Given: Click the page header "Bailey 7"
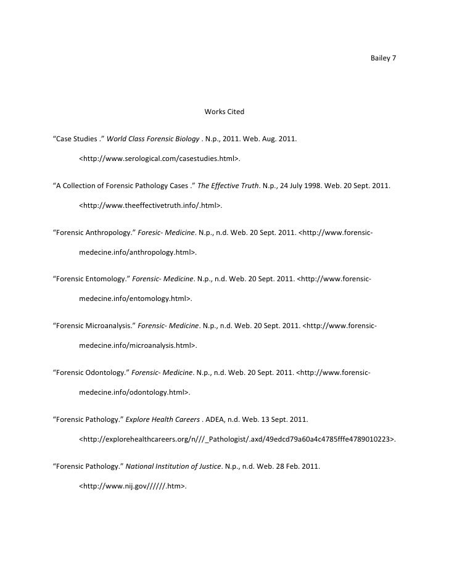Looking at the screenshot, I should tap(383, 59).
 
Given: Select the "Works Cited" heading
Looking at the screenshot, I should tap(224, 112).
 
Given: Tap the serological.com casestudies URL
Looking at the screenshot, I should tap(160, 159).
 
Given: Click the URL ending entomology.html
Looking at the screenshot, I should tap(136, 300).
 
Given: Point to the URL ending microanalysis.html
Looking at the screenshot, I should tap(138, 347).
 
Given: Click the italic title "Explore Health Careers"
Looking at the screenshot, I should tap(163, 420).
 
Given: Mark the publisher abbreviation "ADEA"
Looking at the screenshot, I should tap(218, 420).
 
